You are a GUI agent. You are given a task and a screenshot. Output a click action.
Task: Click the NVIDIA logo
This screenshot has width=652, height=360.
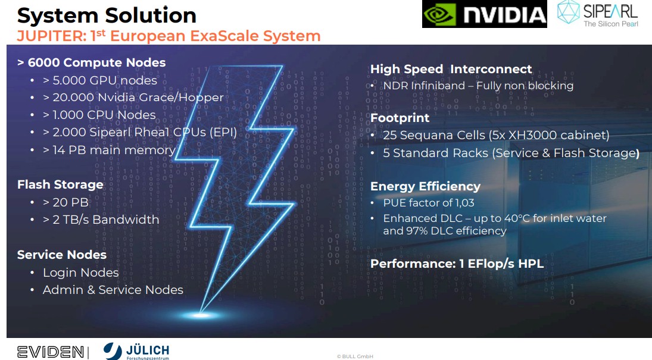485,14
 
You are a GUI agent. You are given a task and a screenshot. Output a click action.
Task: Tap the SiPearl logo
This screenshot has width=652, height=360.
598,14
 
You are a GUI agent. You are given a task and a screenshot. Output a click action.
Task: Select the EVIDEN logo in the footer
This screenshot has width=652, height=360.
50,352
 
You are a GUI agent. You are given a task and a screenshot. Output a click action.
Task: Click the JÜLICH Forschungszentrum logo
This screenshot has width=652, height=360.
136,351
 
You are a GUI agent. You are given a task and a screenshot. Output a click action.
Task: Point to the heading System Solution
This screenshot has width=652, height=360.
107,15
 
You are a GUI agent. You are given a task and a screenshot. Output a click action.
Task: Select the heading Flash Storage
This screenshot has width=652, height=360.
60,184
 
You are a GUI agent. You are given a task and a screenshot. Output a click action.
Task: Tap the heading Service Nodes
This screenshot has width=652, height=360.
62,255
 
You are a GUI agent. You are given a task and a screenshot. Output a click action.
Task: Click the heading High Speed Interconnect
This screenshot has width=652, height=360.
451,69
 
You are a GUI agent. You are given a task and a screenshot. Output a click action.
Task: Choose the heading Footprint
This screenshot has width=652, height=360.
400,118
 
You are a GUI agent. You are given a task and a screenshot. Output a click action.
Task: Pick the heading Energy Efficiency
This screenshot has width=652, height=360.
425,186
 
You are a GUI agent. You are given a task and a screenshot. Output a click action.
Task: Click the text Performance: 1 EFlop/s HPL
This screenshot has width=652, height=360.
457,264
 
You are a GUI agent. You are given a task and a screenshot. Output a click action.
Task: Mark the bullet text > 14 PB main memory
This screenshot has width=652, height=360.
110,150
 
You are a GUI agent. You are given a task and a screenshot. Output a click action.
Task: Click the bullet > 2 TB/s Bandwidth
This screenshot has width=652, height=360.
101,219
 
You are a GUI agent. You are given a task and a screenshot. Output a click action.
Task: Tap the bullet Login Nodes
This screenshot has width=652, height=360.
80,273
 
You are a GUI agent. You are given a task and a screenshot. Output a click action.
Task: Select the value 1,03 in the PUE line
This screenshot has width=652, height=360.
465,203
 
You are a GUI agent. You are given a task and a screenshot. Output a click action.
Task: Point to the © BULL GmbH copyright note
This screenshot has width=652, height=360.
355,356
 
